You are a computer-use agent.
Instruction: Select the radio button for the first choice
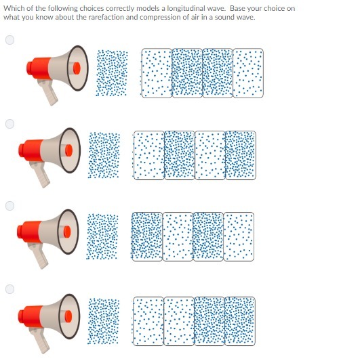click(9, 40)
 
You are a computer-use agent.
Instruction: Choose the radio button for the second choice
click(9, 124)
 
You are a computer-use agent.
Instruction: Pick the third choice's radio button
click(9, 206)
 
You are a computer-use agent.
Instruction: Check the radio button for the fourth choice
click(9, 289)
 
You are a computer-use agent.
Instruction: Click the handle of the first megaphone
click(48, 92)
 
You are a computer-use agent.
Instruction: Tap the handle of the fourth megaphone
click(39, 341)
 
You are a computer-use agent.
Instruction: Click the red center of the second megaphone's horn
click(69, 150)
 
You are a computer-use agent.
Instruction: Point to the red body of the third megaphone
click(29, 232)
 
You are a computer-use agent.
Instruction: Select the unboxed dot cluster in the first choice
click(112, 73)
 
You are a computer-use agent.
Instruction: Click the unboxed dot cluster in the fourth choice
click(103, 321)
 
